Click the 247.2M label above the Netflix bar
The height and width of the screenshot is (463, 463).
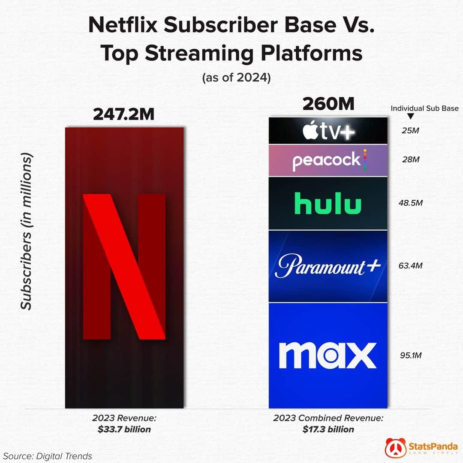pyautogui.click(x=124, y=114)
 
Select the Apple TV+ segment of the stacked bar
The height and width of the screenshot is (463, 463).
pyautogui.click(x=328, y=131)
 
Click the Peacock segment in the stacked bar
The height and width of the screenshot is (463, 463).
pyautogui.click(x=328, y=160)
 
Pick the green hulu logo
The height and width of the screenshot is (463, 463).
pyautogui.click(x=328, y=204)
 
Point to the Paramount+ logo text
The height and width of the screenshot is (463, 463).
pyautogui.click(x=328, y=267)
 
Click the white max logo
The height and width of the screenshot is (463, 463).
pyautogui.click(x=328, y=355)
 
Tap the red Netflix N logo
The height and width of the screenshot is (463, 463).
pyautogui.click(x=124, y=266)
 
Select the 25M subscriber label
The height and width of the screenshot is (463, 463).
pyautogui.click(x=411, y=130)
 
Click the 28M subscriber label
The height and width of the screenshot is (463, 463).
pyautogui.click(x=411, y=160)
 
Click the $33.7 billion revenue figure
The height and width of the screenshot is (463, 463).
pyautogui.click(x=124, y=429)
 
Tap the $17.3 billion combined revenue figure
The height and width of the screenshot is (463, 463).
pyautogui.click(x=328, y=429)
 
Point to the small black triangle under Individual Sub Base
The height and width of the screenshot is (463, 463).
pyautogui.click(x=410, y=116)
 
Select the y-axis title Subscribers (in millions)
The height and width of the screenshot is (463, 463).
pyautogui.click(x=27, y=231)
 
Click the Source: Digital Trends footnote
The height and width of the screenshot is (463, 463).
pyautogui.click(x=48, y=456)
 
